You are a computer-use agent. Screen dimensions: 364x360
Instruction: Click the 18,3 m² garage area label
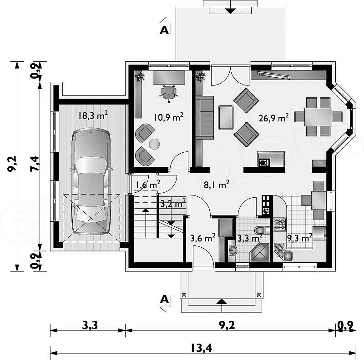click(x=93, y=115)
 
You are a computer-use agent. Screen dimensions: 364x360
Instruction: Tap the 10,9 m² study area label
click(x=169, y=117)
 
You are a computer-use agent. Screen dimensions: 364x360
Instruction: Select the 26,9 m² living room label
click(x=273, y=118)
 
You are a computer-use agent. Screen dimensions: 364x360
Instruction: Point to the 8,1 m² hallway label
click(x=217, y=185)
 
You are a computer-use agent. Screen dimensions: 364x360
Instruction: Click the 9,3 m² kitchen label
click(x=300, y=238)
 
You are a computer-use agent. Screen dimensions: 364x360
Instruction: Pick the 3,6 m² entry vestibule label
click(x=202, y=238)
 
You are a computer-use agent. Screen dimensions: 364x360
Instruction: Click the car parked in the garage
click(x=91, y=181)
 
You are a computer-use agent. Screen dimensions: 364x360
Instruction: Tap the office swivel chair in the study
click(x=169, y=93)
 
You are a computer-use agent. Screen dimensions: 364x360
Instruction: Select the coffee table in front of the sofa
click(x=226, y=117)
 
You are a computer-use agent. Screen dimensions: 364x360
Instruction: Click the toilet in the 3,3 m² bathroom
click(x=262, y=230)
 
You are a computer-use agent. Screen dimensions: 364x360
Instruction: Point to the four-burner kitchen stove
click(x=280, y=224)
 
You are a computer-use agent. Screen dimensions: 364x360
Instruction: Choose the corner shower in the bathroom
click(x=260, y=252)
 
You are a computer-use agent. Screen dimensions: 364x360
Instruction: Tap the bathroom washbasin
click(x=232, y=250)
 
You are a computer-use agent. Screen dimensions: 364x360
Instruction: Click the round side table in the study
click(x=154, y=144)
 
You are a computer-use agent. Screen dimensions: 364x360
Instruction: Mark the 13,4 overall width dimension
click(x=202, y=348)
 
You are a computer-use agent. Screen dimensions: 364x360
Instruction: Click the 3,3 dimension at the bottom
click(x=90, y=325)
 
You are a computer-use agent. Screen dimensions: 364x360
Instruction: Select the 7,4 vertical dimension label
click(x=34, y=164)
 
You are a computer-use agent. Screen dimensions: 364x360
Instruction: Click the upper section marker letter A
click(x=164, y=30)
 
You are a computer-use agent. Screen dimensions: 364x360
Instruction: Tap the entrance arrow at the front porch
click(x=222, y=301)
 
